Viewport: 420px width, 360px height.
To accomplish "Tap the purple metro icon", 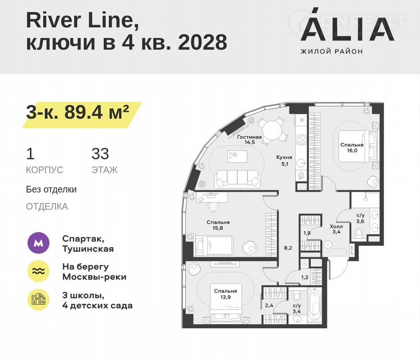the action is point(38,243).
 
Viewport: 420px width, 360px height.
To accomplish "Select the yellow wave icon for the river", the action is point(38,271).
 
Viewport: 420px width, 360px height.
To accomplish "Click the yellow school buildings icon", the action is point(38,299).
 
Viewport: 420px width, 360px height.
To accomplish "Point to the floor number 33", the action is point(100,153).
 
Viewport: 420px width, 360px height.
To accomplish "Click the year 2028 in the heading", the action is point(203,42).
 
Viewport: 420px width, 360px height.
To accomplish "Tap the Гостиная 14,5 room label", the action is point(249,139).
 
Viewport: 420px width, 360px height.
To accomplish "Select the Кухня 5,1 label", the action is point(284,160).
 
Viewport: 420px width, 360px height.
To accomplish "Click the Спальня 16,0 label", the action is point(352,148).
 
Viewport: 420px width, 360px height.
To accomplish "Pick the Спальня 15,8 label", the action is point(218,225).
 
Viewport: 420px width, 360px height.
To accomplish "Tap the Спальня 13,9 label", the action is point(226,294).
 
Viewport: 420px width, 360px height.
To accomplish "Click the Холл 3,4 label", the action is point(336,229).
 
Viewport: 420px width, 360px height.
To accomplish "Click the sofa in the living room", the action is point(238,178).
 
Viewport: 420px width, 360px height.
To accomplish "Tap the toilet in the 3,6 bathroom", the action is point(359,233).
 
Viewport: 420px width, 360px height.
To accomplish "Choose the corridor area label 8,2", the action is point(288,248).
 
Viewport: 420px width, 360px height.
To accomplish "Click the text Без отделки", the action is point(51,189).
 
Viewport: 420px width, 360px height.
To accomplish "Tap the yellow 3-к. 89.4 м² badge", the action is point(82,115).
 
